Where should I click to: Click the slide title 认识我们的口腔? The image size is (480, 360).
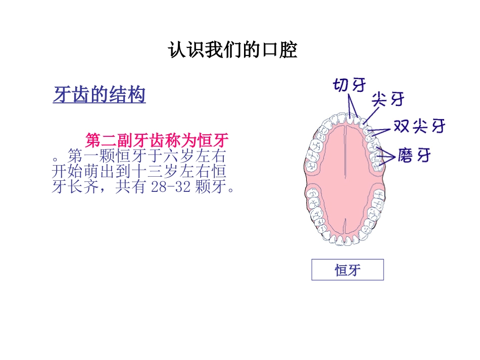pos(233,50)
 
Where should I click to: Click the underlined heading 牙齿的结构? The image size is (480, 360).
pos(100,95)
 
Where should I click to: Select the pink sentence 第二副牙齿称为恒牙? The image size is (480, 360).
pos(157,139)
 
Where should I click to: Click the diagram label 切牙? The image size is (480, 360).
pos(349,85)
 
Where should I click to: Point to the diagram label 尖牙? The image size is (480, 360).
pos(388,99)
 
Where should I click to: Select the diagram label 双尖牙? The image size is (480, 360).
pos(419,126)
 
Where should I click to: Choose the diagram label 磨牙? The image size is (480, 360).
pos(414,155)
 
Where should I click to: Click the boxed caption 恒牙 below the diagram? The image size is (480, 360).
pos(348,270)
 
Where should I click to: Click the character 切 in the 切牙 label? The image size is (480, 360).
pos(341,85)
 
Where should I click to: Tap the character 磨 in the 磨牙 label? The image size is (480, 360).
pos(406,155)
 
